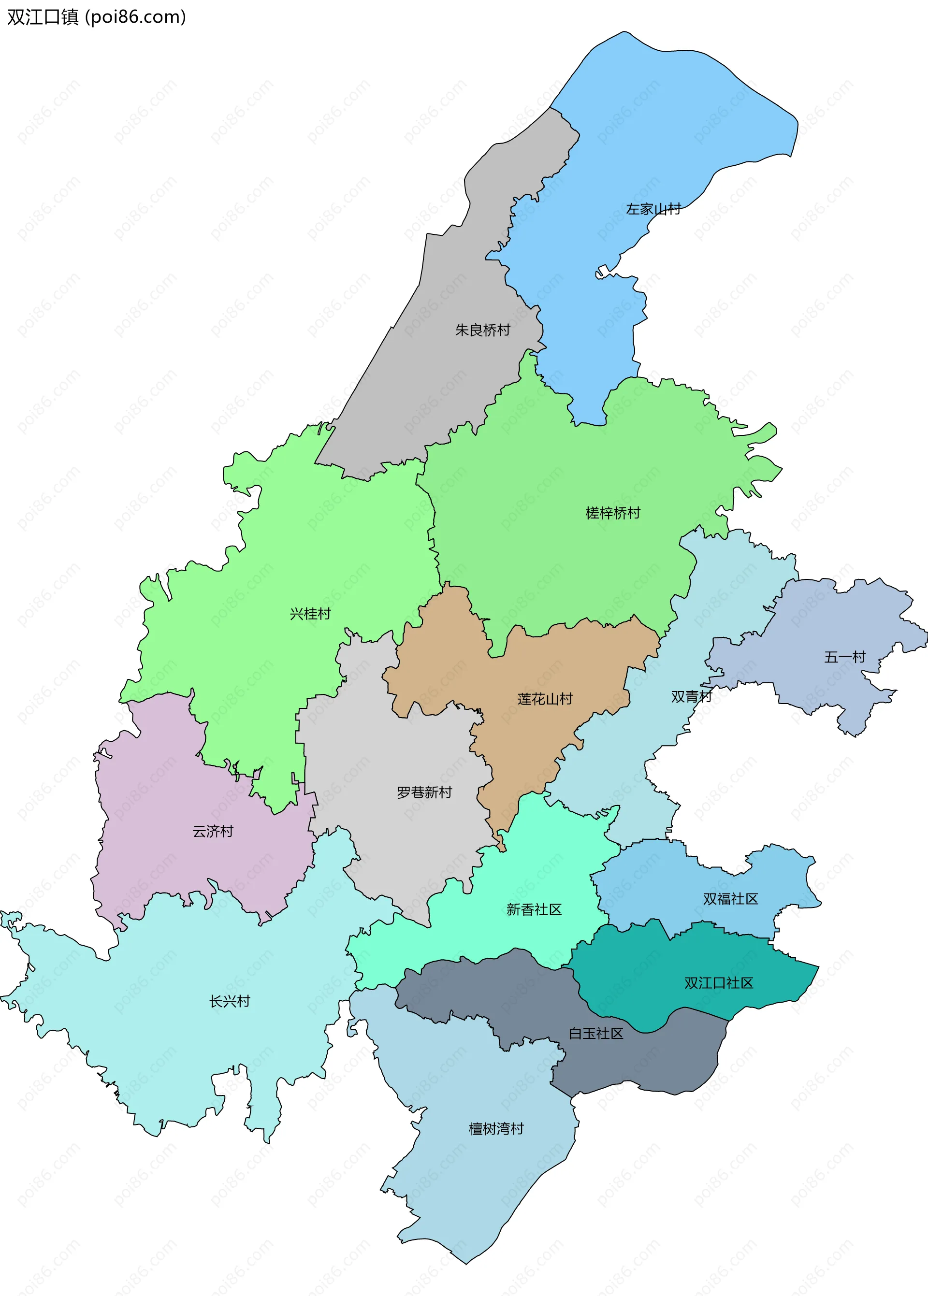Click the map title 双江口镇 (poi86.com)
[x=96, y=17]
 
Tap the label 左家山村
[x=653, y=209]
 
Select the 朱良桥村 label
[x=482, y=330]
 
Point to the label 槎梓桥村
[x=612, y=513]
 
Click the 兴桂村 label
[x=310, y=614]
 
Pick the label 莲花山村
[x=545, y=699]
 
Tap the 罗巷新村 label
[x=424, y=792]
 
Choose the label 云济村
[x=213, y=831]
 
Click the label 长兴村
[x=230, y=1001]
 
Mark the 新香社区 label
[x=534, y=909]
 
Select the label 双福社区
[x=730, y=899]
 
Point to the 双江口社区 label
[x=719, y=983]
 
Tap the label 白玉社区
[x=595, y=1033]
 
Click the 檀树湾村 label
[x=496, y=1129]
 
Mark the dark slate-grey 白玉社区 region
[x=646, y=1063]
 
